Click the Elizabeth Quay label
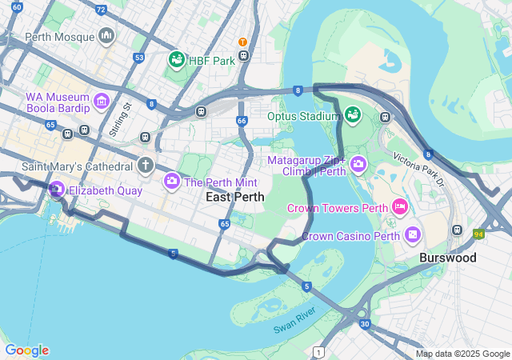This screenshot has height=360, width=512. tap(105, 190)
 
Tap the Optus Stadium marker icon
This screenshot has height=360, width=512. tap(352, 116)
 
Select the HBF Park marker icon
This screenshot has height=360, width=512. tap(176, 59)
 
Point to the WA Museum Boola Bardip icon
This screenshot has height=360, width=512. tap(101, 101)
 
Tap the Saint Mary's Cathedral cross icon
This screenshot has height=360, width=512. tap(145, 166)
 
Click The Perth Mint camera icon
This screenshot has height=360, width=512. tap(171, 182)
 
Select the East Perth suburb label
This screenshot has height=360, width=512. tap(235, 197)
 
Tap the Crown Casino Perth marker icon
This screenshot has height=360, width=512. tap(412, 235)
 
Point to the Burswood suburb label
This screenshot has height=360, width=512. tap(448, 258)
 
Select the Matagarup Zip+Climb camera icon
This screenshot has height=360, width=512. tap(358, 166)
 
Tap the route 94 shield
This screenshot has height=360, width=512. tap(478, 234)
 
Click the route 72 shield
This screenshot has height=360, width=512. tap(100, 10)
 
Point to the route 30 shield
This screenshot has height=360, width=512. tap(365, 324)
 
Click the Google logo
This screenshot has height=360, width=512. tap(26, 350)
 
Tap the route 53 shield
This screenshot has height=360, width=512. tap(139, 58)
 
